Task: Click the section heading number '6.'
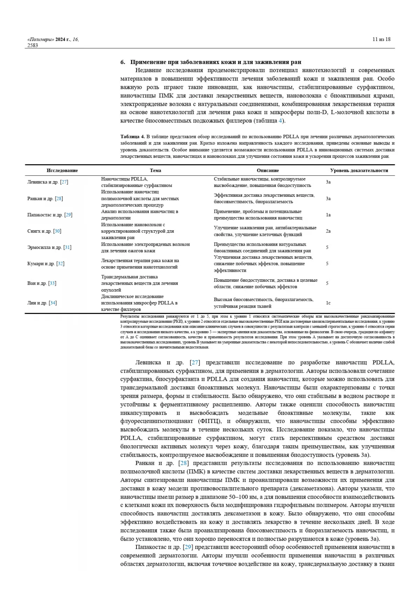pos(122,62)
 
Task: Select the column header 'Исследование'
pos(62,170)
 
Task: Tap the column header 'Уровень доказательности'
pos(359,170)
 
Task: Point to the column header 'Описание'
pos(268,170)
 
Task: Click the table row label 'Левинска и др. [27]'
pos(48,182)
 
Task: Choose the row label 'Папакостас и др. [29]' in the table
pos(50,215)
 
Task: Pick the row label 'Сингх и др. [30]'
pos(44,231)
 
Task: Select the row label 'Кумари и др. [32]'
pos(46,264)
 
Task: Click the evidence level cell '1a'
pos(328,215)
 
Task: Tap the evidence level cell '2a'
pos(328,231)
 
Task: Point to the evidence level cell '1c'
pos(328,303)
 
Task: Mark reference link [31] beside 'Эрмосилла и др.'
pos(67,247)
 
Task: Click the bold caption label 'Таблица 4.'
pos(133,137)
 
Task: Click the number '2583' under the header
pos(33,45)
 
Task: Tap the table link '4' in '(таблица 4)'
pos(280,121)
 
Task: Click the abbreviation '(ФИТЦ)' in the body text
pos(210,421)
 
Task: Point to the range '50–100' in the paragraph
pos(239,497)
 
